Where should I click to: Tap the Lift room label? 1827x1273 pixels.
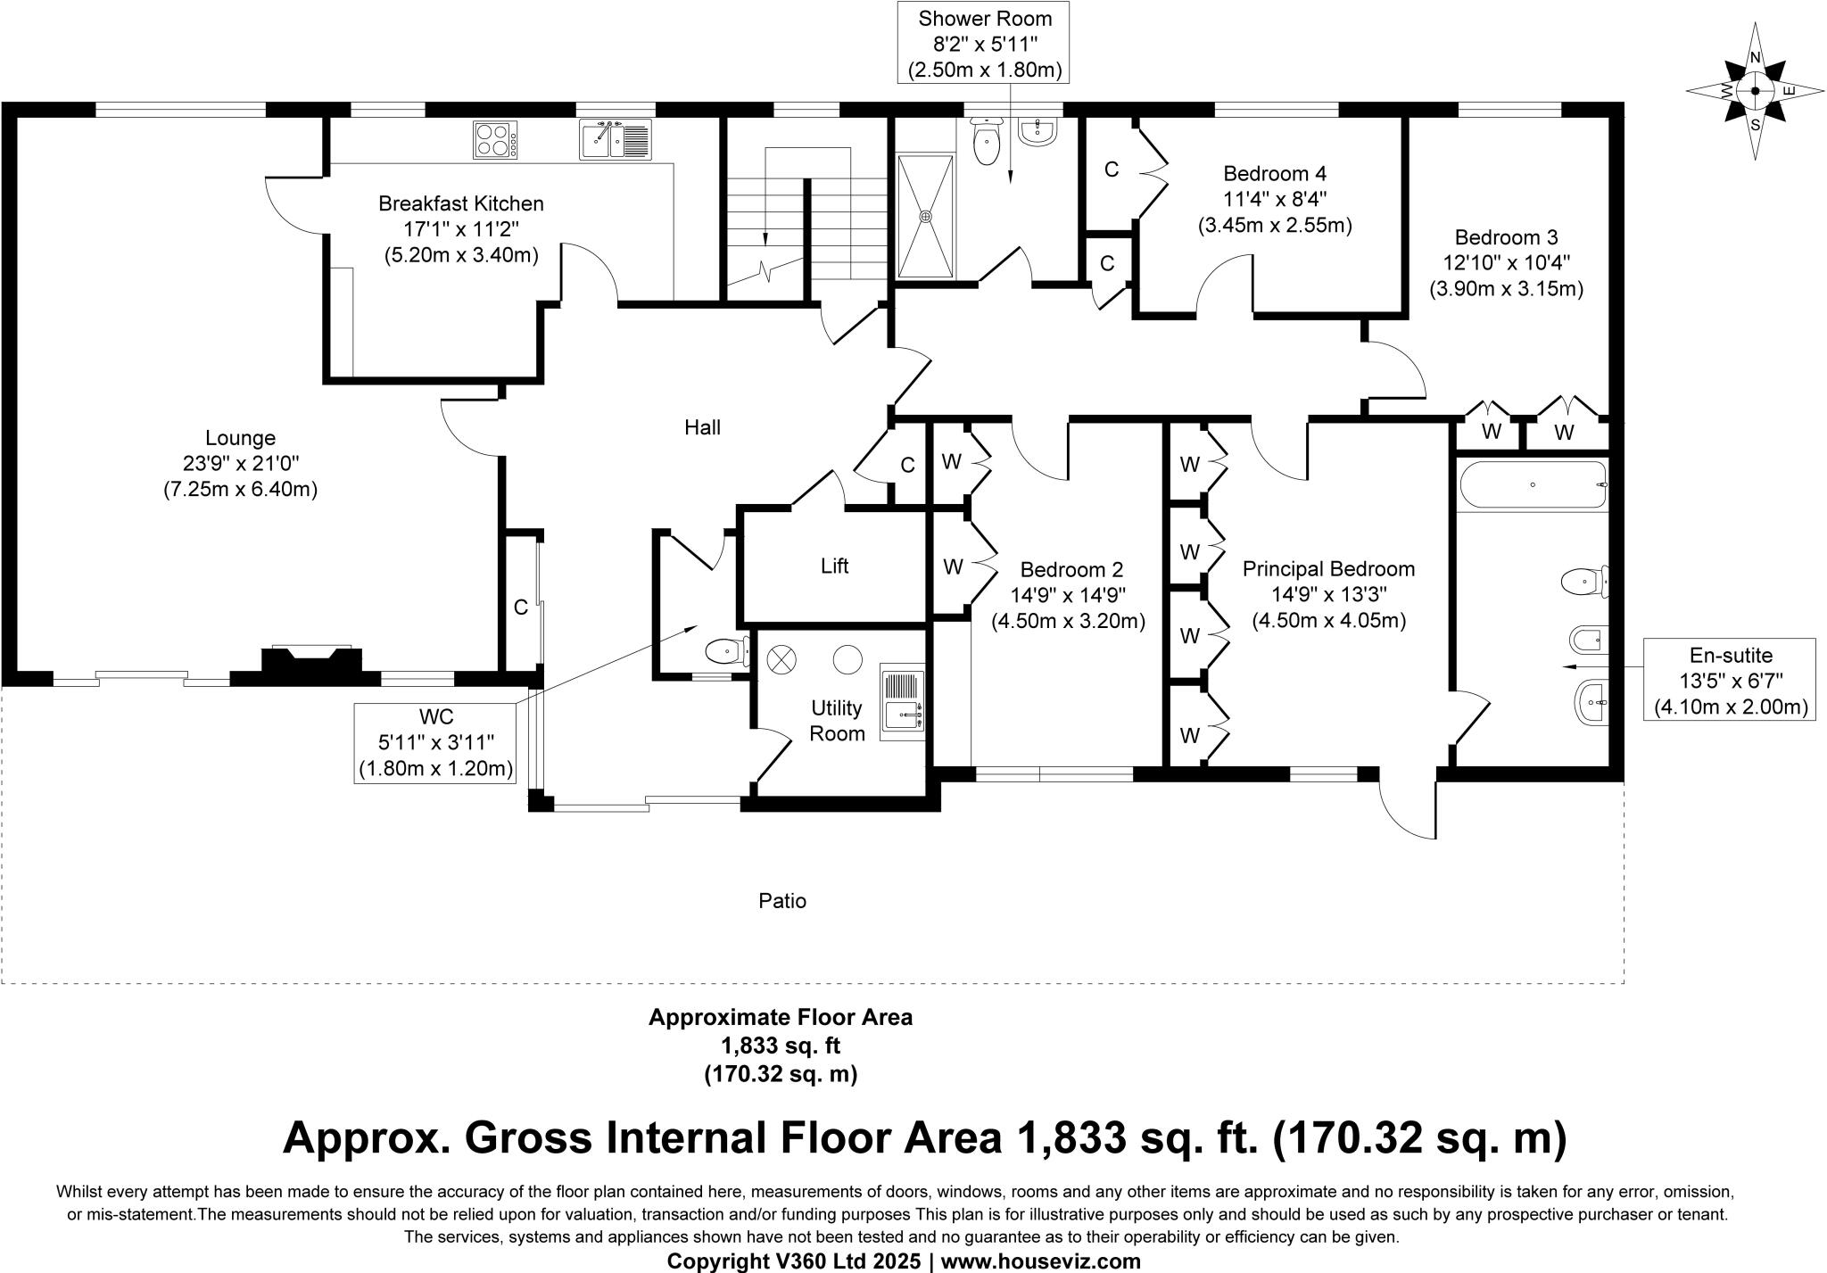tap(834, 566)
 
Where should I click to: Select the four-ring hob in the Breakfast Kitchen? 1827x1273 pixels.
tap(495, 140)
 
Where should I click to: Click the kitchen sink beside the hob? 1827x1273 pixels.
tap(615, 140)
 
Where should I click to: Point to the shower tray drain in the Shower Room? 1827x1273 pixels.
tap(926, 216)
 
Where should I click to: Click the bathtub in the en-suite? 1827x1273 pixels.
tap(1533, 484)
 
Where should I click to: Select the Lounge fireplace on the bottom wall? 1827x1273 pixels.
tap(311, 662)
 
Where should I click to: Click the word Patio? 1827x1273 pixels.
tap(782, 901)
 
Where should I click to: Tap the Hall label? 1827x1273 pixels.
tap(702, 427)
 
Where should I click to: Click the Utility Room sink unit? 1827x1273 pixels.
tap(902, 701)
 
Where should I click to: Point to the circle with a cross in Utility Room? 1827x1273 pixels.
tap(781, 660)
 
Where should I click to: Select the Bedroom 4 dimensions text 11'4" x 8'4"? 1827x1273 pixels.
tap(1274, 199)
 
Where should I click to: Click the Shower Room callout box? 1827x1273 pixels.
tap(985, 44)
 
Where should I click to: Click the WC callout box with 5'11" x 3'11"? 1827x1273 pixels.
tap(435, 742)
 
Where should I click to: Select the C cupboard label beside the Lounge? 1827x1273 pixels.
tap(521, 608)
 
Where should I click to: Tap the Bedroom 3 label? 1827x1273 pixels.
tap(1506, 237)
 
